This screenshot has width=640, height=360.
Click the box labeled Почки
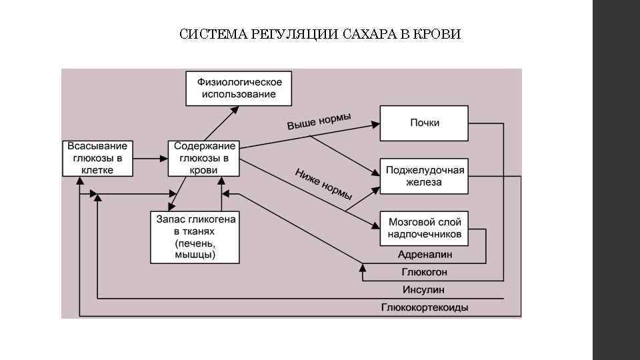tap(425, 123)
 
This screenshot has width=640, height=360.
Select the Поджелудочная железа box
tap(425, 176)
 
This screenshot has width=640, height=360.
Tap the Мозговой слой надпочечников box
tap(425, 229)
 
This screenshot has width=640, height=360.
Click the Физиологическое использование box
tap(239, 88)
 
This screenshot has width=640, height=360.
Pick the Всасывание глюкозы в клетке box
tap(97, 158)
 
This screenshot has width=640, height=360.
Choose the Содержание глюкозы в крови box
tap(204, 158)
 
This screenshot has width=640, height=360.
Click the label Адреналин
tap(425, 255)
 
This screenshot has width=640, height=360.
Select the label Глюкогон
tap(425, 272)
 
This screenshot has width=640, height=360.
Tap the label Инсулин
tap(423, 290)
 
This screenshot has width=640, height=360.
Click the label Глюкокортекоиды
tap(425, 307)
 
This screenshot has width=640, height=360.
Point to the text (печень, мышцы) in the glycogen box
tap(195, 249)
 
